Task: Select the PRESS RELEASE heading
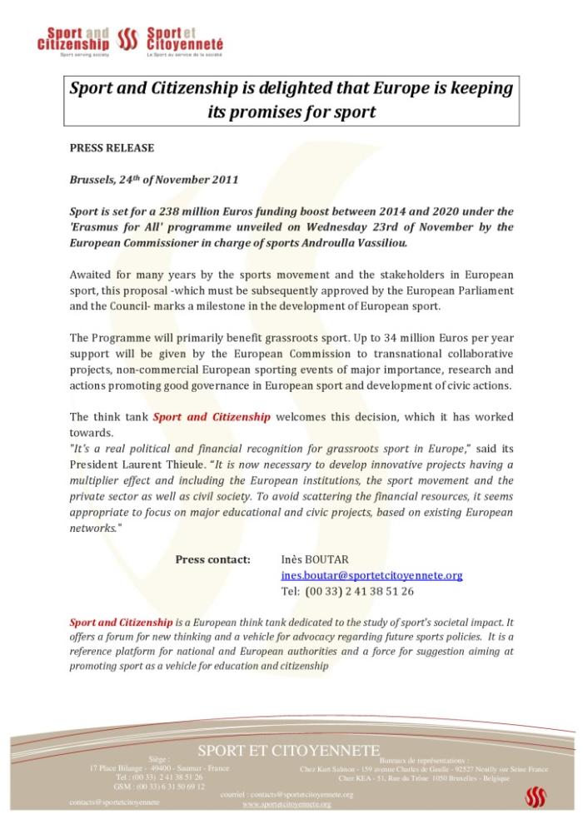pyautogui.click(x=112, y=147)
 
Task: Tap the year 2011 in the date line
pyautogui.click(x=224, y=179)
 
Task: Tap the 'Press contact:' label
pyautogui.click(x=212, y=558)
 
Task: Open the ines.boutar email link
pyautogui.click(x=371, y=575)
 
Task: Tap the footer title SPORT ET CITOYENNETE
pyautogui.click(x=288, y=751)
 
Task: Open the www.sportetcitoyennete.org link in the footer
pyautogui.click(x=287, y=804)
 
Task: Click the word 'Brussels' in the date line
pyautogui.click(x=93, y=179)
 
